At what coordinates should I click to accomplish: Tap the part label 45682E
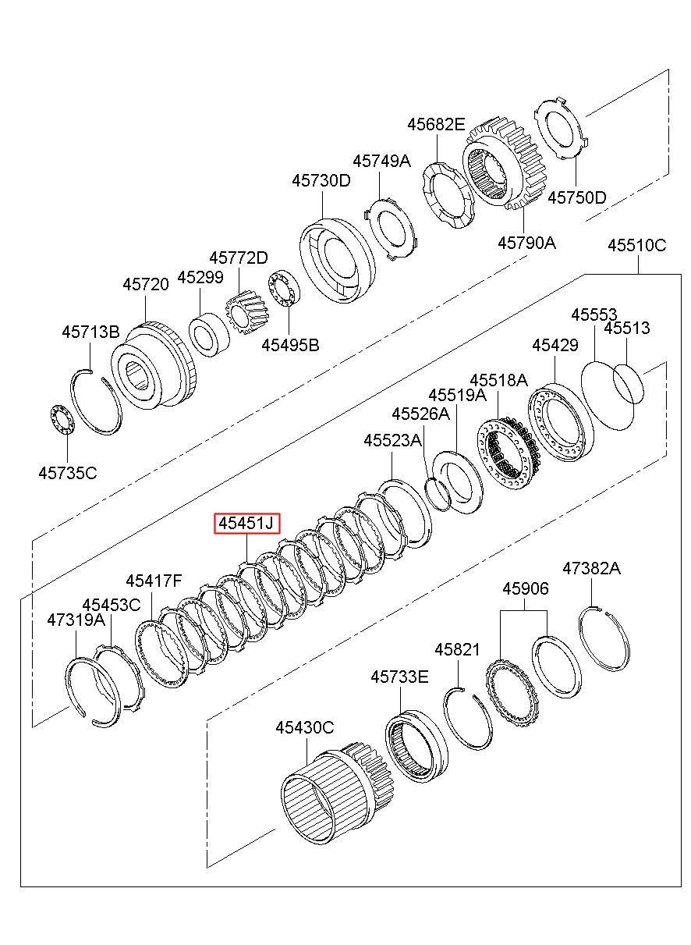(x=436, y=124)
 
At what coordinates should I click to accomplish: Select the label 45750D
(x=576, y=197)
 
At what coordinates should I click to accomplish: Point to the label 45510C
(x=636, y=245)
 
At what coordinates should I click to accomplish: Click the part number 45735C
(x=67, y=473)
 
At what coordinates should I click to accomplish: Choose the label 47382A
(x=591, y=569)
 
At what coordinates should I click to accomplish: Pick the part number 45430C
(x=305, y=727)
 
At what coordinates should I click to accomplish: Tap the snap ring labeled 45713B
(x=96, y=401)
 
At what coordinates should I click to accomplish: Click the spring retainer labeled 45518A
(x=507, y=453)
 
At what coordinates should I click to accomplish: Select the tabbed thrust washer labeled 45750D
(x=562, y=128)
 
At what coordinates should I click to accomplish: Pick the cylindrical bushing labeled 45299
(x=209, y=335)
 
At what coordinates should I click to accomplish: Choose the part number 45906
(x=526, y=588)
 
